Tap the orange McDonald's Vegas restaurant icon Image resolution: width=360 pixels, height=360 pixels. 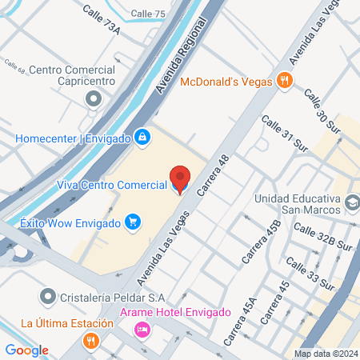[284, 79]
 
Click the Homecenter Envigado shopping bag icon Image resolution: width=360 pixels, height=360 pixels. [142, 138]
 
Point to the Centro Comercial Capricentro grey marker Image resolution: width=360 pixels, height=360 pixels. [94, 99]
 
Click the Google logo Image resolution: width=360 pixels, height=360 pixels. [26, 350]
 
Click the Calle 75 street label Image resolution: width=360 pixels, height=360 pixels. [148, 14]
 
